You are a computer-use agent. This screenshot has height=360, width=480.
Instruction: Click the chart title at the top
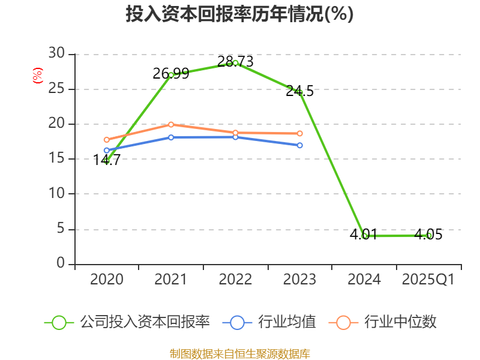[x=239, y=14]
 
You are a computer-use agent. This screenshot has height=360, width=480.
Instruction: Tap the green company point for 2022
[x=235, y=62]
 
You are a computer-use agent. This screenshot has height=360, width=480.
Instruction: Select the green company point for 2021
[x=171, y=74]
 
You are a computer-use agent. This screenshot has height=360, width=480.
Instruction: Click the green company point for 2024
[x=364, y=236]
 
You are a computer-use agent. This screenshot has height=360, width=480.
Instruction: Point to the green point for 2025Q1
[x=428, y=235]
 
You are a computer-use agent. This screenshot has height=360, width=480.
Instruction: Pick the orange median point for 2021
[x=171, y=124]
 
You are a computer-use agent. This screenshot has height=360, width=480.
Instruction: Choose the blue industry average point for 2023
[x=299, y=145]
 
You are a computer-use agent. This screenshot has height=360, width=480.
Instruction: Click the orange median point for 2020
[x=107, y=140]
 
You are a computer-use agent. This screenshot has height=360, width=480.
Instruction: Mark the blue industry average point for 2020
[x=107, y=150]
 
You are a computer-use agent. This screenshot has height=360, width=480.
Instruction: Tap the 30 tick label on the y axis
[x=56, y=54]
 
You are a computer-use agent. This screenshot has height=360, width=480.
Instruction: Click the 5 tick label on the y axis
[x=60, y=229]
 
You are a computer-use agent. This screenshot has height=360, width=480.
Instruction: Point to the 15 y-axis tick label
[x=56, y=159]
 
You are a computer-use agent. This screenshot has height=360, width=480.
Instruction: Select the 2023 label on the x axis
[x=299, y=280]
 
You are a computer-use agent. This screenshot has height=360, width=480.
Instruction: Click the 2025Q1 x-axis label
[x=428, y=280]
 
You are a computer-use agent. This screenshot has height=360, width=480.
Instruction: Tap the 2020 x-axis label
[x=107, y=280]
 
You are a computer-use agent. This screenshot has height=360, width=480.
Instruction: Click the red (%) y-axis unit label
[x=38, y=76]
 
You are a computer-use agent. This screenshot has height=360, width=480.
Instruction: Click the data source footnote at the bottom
[x=239, y=353]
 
